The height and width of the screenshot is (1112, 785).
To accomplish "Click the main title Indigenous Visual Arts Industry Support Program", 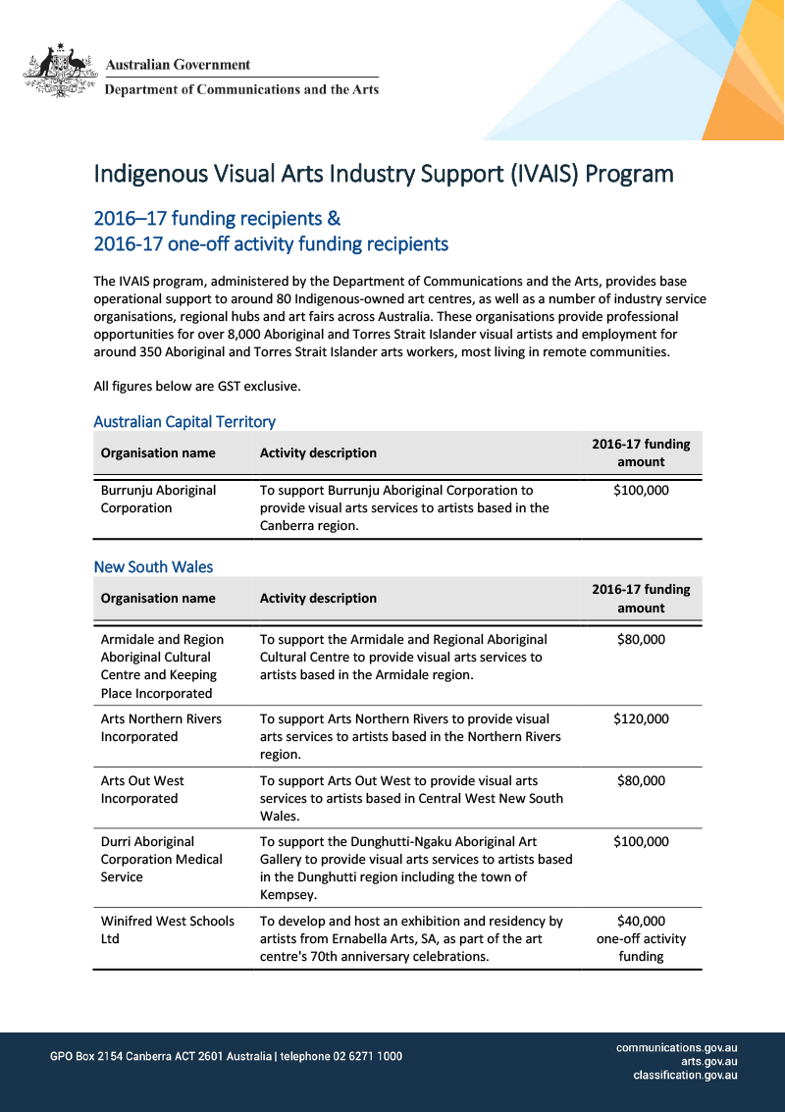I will click(383, 174).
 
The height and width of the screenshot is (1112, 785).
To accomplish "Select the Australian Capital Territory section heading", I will click(184, 421).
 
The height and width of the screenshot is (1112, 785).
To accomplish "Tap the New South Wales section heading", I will click(153, 566).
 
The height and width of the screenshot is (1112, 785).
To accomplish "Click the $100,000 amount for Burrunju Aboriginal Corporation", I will click(641, 490).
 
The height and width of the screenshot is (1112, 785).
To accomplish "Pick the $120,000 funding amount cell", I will click(641, 718).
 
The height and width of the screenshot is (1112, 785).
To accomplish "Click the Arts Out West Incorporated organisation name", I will click(142, 789).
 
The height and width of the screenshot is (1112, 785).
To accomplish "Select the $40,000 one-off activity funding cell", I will click(641, 938).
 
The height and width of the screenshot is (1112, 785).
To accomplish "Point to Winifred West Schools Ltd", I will click(167, 929).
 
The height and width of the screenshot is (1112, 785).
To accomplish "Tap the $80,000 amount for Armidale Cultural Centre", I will click(641, 639).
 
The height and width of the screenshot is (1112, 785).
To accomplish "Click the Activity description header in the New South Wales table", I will click(318, 598).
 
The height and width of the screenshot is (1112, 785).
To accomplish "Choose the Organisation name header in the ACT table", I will click(158, 452).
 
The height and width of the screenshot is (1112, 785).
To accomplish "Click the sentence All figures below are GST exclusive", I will click(197, 386).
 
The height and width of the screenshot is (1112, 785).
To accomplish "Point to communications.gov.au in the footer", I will click(676, 1047).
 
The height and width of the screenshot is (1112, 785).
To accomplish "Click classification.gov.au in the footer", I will click(685, 1075).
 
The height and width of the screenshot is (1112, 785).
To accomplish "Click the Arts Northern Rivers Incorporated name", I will click(161, 727).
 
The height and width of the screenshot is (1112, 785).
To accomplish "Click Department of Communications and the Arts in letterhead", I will click(241, 89).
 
